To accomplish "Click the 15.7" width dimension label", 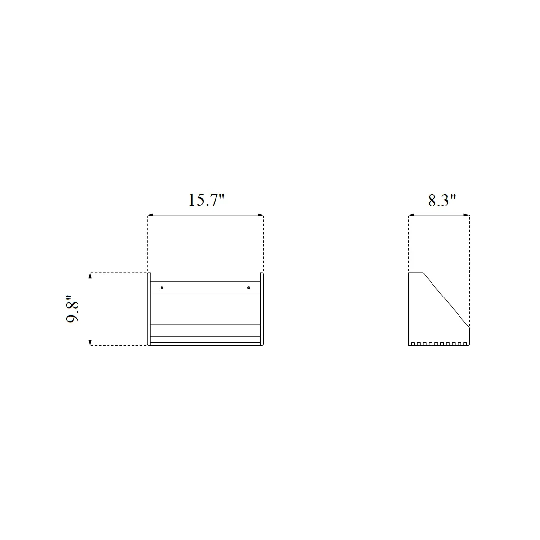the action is pyautogui.click(x=206, y=200).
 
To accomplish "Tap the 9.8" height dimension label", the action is pyautogui.click(x=72, y=309).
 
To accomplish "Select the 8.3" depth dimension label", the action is pyautogui.click(x=442, y=200).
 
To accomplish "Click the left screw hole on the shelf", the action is pyautogui.click(x=162, y=288).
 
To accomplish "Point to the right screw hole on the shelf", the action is pyautogui.click(x=249, y=288).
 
